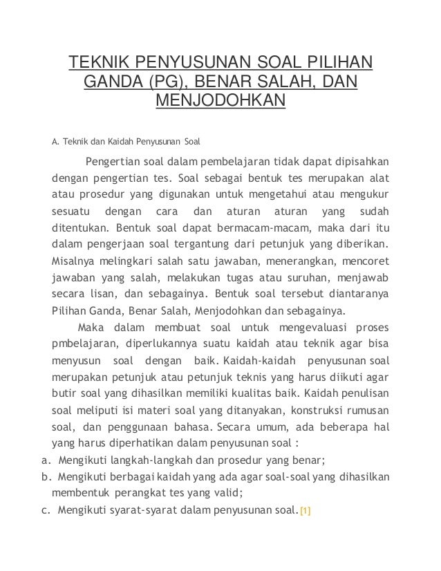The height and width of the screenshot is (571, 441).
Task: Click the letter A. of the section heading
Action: [x=56, y=144]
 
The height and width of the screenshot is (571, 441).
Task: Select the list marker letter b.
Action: [x=44, y=476]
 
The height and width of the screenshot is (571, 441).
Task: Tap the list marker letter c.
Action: [x=44, y=512]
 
